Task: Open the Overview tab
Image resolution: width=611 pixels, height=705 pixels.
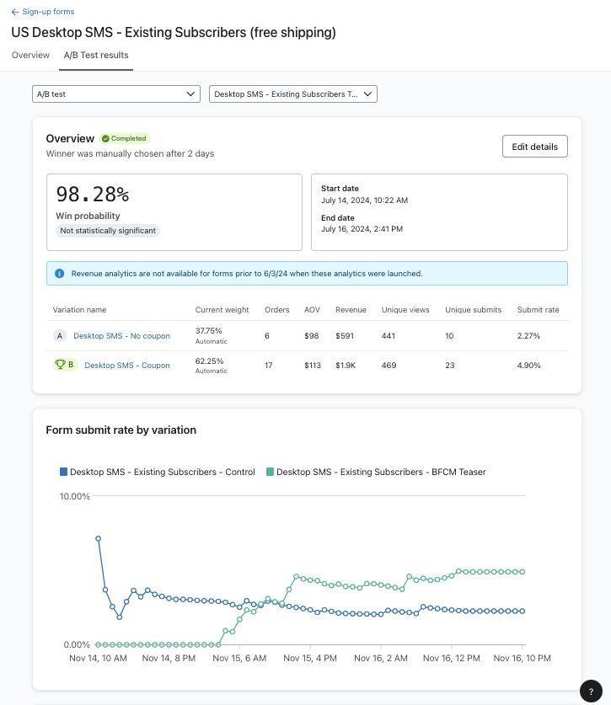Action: [x=30, y=56]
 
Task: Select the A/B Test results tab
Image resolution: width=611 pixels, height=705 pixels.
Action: [x=96, y=56]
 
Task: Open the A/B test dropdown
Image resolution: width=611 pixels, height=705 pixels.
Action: [x=116, y=94]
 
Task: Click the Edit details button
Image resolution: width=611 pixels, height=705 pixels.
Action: [x=534, y=147]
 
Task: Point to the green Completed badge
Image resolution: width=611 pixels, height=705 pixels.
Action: [x=124, y=139]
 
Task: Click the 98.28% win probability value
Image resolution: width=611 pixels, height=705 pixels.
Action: [x=93, y=195]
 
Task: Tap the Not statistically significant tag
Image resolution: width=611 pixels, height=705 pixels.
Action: [x=108, y=231]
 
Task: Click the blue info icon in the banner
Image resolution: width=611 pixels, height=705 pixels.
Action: [x=59, y=274]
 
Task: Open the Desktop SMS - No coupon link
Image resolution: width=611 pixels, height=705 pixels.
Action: [x=121, y=336]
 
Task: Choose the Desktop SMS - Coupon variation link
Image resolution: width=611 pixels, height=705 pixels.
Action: [x=127, y=366]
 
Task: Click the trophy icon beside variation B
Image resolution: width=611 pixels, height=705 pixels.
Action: [x=61, y=366]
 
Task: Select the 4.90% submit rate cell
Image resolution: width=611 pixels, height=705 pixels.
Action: [x=529, y=366]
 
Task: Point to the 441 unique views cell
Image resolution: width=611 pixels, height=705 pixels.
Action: [x=389, y=336]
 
